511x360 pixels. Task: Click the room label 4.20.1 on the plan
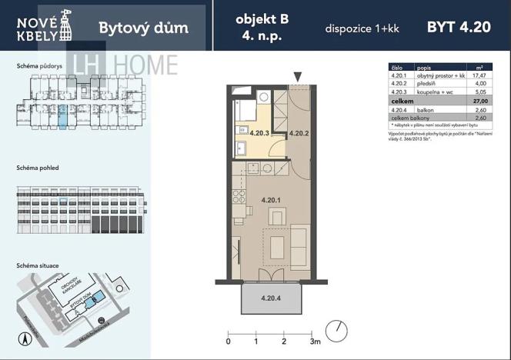pos(269,201)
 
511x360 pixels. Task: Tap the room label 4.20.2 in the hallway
pos(299,133)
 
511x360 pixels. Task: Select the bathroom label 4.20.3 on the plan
pos(260,132)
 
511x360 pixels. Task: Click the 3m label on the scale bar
pos(315,341)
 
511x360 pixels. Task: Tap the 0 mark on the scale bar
pos(229,341)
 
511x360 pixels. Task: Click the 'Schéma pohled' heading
pos(38,167)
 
